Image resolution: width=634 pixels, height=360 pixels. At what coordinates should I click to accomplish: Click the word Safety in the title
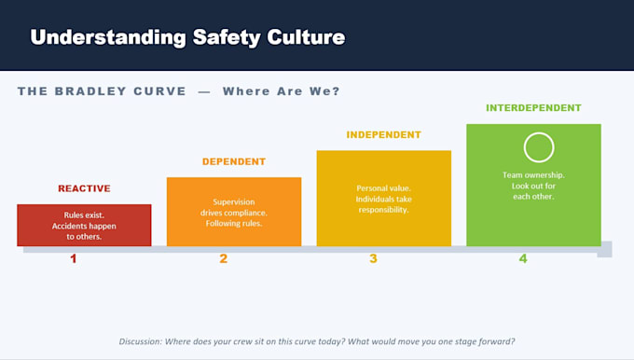pyautogui.click(x=227, y=38)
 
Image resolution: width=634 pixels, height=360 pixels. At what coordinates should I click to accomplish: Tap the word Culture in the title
pyautogui.click(x=306, y=36)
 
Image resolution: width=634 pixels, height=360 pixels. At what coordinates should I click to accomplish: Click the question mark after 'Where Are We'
pyautogui.click(x=336, y=91)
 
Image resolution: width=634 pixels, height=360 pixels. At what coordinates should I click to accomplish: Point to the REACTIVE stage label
pyautogui.click(x=84, y=188)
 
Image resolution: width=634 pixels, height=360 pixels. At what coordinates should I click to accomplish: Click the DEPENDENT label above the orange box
pyautogui.click(x=234, y=161)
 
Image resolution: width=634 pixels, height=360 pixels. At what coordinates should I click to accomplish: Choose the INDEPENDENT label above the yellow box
pyautogui.click(x=384, y=134)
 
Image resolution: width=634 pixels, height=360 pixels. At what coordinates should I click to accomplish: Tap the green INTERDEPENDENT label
pyautogui.click(x=533, y=108)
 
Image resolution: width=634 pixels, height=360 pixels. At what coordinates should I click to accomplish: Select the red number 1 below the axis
pyautogui.click(x=73, y=259)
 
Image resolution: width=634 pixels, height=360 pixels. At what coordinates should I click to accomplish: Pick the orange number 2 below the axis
pyautogui.click(x=223, y=259)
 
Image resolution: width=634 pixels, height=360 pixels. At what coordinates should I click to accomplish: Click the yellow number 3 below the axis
pyautogui.click(x=373, y=259)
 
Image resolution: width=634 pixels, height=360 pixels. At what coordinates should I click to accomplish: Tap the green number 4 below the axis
pyautogui.click(x=523, y=259)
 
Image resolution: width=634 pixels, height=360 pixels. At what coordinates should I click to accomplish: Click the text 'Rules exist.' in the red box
pyautogui.click(x=84, y=215)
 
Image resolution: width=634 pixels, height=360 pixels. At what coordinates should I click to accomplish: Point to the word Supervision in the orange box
pyautogui.click(x=234, y=201)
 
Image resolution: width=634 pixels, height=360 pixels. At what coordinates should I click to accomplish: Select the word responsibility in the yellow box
pyautogui.click(x=383, y=210)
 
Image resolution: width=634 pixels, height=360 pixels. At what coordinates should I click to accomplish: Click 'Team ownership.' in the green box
pyautogui.click(x=533, y=175)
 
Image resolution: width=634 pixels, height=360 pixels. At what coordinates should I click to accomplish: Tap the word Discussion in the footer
pyautogui.click(x=141, y=341)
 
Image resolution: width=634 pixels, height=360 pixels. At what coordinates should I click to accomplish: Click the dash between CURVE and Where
pyautogui.click(x=204, y=91)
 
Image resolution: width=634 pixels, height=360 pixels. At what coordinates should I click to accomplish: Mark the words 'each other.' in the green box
pyautogui.click(x=533, y=197)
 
